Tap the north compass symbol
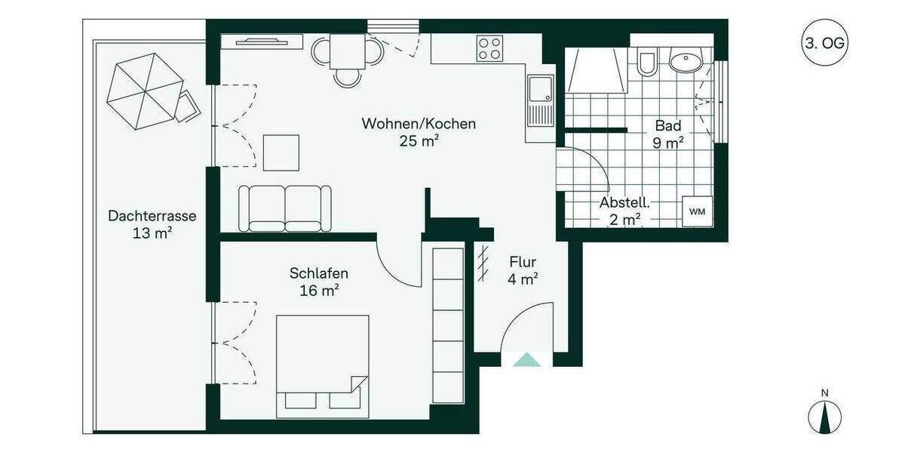pyautogui.click(x=825, y=416)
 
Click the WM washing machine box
pyautogui.click(x=697, y=211)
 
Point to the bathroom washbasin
pyautogui.click(x=686, y=60)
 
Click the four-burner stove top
pyautogui.click(x=490, y=49)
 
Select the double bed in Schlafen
pyautogui.click(x=322, y=364)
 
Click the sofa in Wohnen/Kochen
pyautogui.click(x=286, y=208)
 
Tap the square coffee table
pyautogui.click(x=282, y=152)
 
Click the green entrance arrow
pyautogui.click(x=526, y=360)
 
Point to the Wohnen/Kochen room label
pyautogui.click(x=419, y=124)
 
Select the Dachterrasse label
pyautogui.click(x=152, y=216)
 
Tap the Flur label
pyautogui.click(x=523, y=263)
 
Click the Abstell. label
pyautogui.click(x=625, y=203)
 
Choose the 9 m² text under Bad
pyautogui.click(x=668, y=141)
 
